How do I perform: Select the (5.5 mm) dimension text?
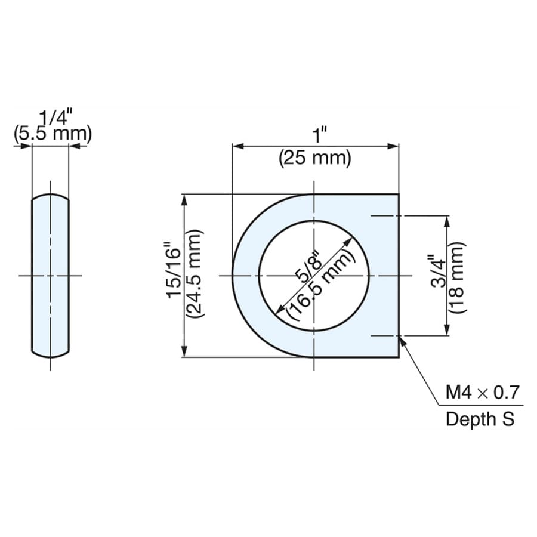tap(53, 134)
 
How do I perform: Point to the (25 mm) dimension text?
tap(315, 159)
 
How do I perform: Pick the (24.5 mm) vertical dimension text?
tap(195, 274)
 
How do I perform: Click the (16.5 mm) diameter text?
tap(319, 282)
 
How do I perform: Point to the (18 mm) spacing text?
tap(457, 277)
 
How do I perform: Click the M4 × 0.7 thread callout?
tap(483, 393)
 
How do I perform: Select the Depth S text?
tap(480, 419)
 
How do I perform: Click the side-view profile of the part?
tap(50, 276)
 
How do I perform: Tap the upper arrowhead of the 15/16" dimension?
tap(184, 201)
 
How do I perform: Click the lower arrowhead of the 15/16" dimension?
tap(184, 350)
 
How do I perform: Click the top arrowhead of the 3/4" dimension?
tap(446, 223)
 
